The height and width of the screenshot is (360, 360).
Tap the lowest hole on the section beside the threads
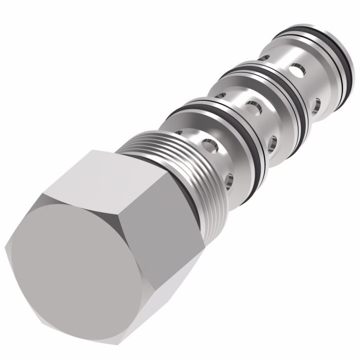click(228, 179)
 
